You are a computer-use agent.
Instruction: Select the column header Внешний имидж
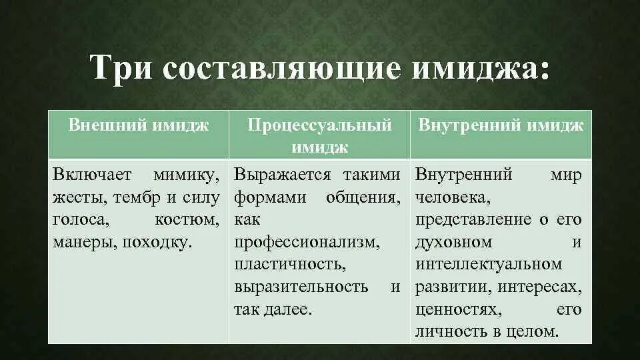(139, 125)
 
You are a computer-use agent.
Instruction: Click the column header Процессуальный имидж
(319, 135)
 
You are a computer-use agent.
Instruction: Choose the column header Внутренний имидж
(501, 125)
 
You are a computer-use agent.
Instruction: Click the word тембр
(137, 198)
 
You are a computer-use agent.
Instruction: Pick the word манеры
(81, 242)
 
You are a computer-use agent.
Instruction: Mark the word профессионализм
(306, 242)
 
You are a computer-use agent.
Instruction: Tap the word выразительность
(301, 287)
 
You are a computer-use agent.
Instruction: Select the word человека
(453, 198)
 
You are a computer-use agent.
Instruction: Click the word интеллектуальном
(489, 265)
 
